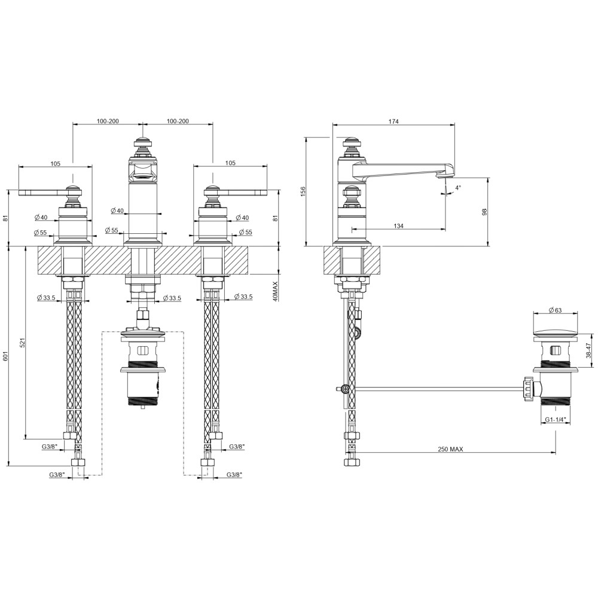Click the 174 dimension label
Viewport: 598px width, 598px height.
click(x=393, y=121)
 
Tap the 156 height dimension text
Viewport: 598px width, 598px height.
click(x=303, y=191)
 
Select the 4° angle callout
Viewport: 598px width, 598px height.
click(x=458, y=187)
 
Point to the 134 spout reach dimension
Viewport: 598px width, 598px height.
click(x=398, y=226)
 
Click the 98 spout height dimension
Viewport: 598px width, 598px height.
click(x=485, y=212)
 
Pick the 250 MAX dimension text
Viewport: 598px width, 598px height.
click(x=450, y=449)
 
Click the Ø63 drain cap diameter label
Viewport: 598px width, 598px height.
click(x=556, y=310)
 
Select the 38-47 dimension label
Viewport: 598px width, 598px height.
click(x=588, y=350)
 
